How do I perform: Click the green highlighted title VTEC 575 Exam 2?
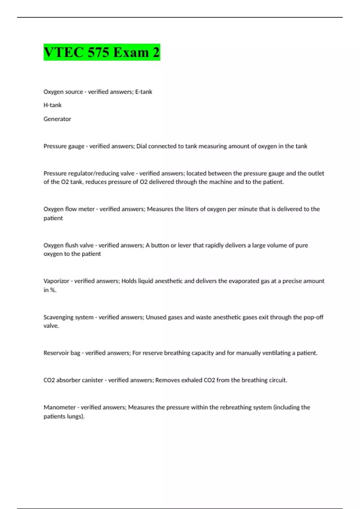pos(102,52)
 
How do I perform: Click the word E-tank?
pos(144,92)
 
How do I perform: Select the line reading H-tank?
pos(52,105)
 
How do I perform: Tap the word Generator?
pos(57,119)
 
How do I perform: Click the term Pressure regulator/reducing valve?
pos(89,173)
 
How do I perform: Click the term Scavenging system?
pos(68,317)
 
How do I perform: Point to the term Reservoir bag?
pos(62,353)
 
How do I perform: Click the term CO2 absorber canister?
pos(73,380)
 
